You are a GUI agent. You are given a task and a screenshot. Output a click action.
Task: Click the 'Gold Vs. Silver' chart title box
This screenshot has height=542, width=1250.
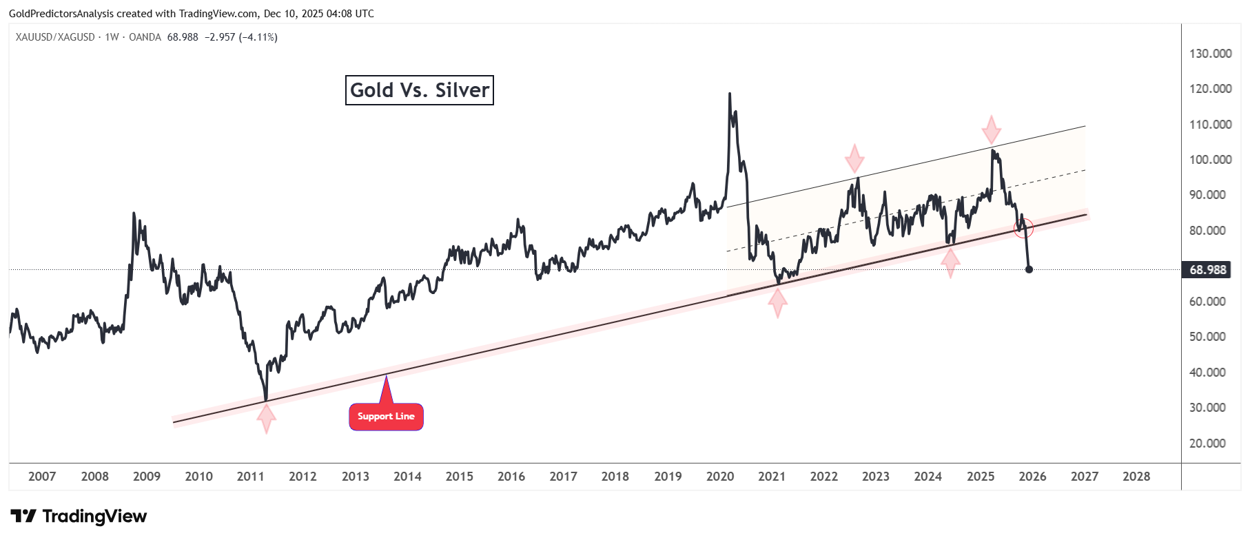click(419, 90)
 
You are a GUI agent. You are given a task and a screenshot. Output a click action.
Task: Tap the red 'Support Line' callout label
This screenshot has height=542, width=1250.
click(386, 417)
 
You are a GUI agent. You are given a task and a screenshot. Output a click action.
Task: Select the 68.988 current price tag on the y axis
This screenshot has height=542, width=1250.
click(1207, 269)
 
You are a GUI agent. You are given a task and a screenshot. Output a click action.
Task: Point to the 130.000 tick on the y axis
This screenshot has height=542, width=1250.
click(1210, 54)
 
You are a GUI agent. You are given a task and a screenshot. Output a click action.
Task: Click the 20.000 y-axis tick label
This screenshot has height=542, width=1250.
click(1207, 444)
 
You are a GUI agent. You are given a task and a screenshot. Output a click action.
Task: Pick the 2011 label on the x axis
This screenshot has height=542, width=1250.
click(250, 477)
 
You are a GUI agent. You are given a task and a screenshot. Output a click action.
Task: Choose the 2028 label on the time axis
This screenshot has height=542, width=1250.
click(1136, 477)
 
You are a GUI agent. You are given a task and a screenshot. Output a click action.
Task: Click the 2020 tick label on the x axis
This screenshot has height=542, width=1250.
click(719, 477)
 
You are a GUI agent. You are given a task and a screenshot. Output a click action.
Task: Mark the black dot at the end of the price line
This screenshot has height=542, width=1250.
click(1029, 269)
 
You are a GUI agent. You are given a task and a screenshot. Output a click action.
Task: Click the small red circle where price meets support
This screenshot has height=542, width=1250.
click(1024, 227)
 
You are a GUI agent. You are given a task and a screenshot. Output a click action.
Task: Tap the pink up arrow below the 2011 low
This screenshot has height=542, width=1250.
click(266, 418)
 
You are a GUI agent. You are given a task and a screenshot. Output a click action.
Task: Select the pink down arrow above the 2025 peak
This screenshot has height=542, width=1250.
click(991, 129)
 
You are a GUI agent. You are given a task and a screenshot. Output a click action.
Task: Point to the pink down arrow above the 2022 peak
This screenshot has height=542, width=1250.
click(854, 158)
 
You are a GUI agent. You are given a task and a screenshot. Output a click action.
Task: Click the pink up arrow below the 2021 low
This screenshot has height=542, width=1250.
click(777, 303)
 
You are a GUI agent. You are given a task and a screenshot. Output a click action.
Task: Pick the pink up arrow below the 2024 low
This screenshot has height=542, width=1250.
click(950, 262)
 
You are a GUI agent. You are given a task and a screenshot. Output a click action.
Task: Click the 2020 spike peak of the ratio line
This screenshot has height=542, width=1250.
click(730, 94)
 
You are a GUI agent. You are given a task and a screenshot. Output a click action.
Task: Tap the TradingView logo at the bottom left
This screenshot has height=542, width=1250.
click(79, 517)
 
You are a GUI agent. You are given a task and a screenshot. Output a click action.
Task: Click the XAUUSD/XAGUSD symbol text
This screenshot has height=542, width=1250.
click(55, 37)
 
